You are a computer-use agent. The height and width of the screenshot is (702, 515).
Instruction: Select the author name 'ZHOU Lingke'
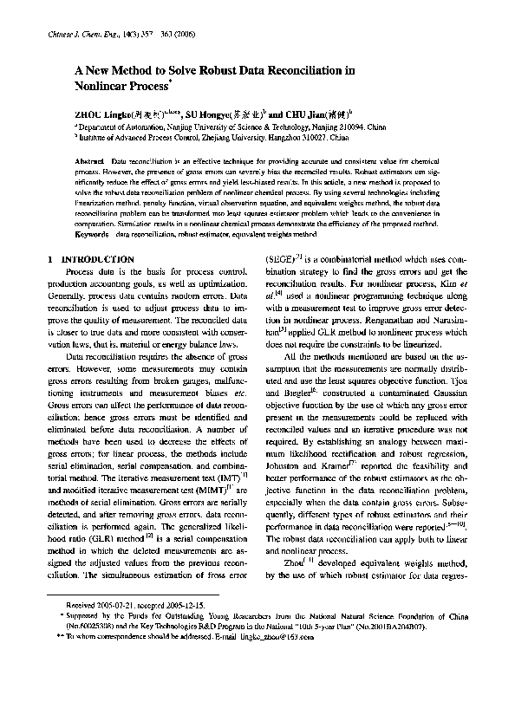[x=102, y=114]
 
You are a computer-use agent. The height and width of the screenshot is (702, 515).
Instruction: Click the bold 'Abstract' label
[x=90, y=163]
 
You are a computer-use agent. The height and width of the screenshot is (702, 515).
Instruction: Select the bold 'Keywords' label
[x=93, y=234]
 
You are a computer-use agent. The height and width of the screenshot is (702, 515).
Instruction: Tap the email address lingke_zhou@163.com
[x=274, y=684]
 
